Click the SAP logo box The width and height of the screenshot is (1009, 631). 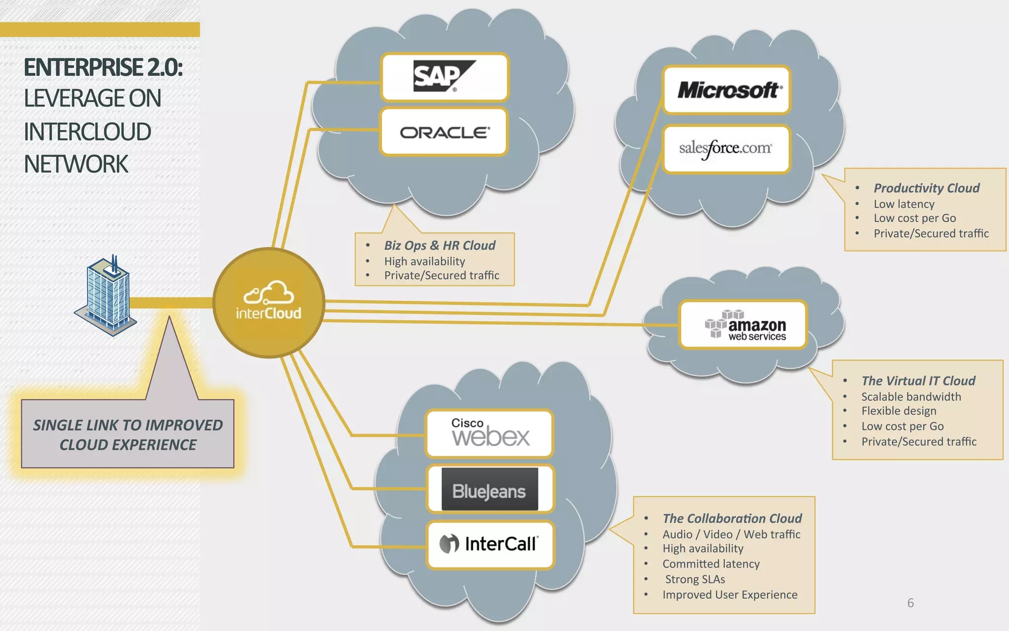click(444, 77)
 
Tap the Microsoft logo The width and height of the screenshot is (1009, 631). click(727, 90)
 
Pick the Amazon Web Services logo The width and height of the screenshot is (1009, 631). click(744, 325)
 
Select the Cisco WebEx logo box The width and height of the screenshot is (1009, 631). click(490, 434)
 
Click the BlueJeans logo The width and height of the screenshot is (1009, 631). click(490, 490)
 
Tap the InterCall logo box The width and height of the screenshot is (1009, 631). click(490, 544)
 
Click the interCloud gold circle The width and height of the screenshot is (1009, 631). click(269, 302)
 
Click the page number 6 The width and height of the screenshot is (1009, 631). click(910, 602)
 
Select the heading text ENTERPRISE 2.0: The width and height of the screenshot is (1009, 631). click(103, 68)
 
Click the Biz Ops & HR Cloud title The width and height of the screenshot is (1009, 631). click(439, 245)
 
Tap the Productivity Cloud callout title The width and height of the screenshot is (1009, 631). click(926, 188)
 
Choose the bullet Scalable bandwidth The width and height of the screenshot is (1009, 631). click(910, 396)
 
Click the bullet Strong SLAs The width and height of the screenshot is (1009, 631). click(695, 579)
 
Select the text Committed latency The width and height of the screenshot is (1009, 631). click(710, 563)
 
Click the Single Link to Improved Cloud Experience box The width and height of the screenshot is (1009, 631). click(128, 434)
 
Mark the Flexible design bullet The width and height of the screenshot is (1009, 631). click(898, 411)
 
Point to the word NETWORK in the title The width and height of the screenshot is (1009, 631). click(76, 164)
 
